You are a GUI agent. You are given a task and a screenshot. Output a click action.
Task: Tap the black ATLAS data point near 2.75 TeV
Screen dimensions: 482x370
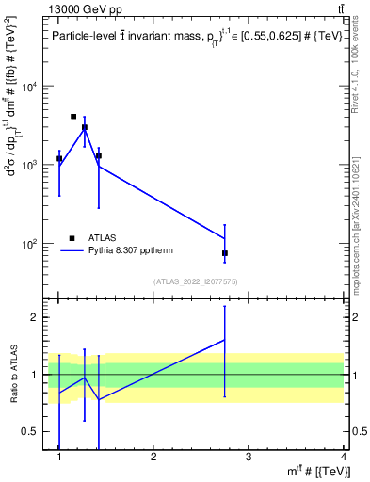[x=225, y=253]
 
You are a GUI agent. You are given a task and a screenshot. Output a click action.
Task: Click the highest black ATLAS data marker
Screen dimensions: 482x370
[x=73, y=117]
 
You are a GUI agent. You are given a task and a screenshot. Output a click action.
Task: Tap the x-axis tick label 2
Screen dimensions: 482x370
[x=153, y=458]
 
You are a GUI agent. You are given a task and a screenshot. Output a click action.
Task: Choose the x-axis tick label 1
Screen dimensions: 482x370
[x=59, y=458]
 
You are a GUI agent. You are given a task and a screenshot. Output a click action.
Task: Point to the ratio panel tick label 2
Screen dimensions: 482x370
[x=34, y=317]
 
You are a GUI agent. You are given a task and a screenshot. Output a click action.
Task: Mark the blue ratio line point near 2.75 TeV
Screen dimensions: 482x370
[x=225, y=340]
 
